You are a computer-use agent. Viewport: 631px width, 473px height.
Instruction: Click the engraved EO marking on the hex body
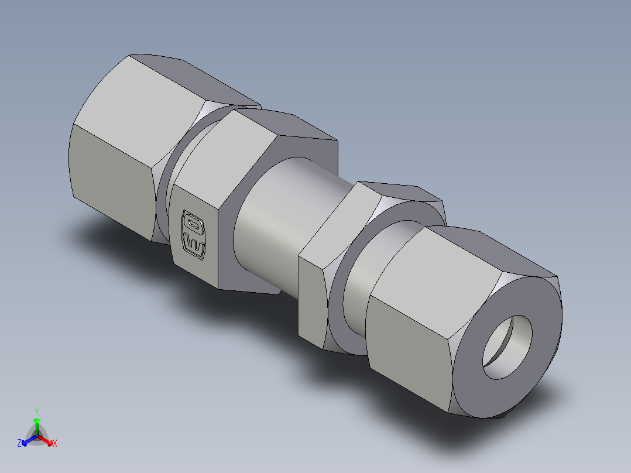point(194,233)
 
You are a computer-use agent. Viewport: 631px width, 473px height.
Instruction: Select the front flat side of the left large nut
point(111,176)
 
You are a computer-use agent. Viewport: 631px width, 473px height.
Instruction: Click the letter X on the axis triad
point(55,444)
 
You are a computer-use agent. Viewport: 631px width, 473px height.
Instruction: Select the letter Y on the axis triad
point(37,411)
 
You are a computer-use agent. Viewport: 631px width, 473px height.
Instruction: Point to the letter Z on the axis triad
point(19,443)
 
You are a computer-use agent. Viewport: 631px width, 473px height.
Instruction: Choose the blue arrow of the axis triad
point(27,440)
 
